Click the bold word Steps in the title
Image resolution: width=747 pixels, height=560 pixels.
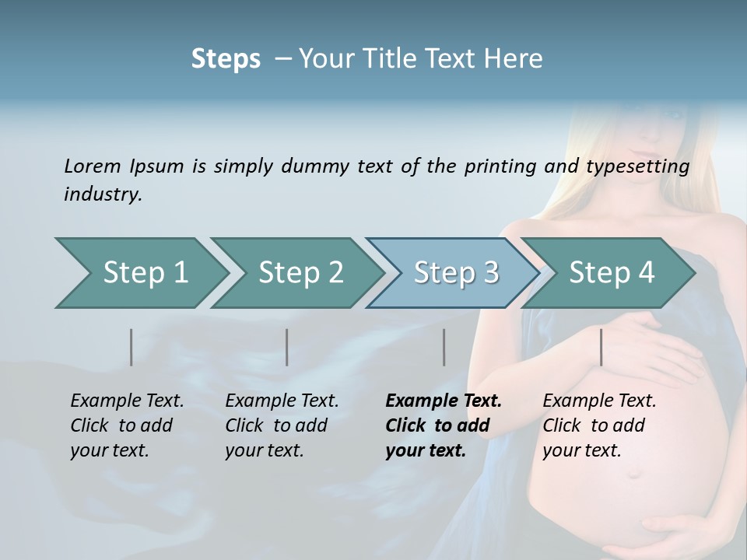226,59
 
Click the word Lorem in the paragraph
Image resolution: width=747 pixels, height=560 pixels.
92,166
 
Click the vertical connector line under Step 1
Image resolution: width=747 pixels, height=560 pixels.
132,347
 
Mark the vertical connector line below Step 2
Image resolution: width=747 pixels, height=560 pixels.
287,347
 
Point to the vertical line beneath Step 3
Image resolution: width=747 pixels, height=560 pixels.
444,347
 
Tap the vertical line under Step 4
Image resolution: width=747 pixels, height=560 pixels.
601,347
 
